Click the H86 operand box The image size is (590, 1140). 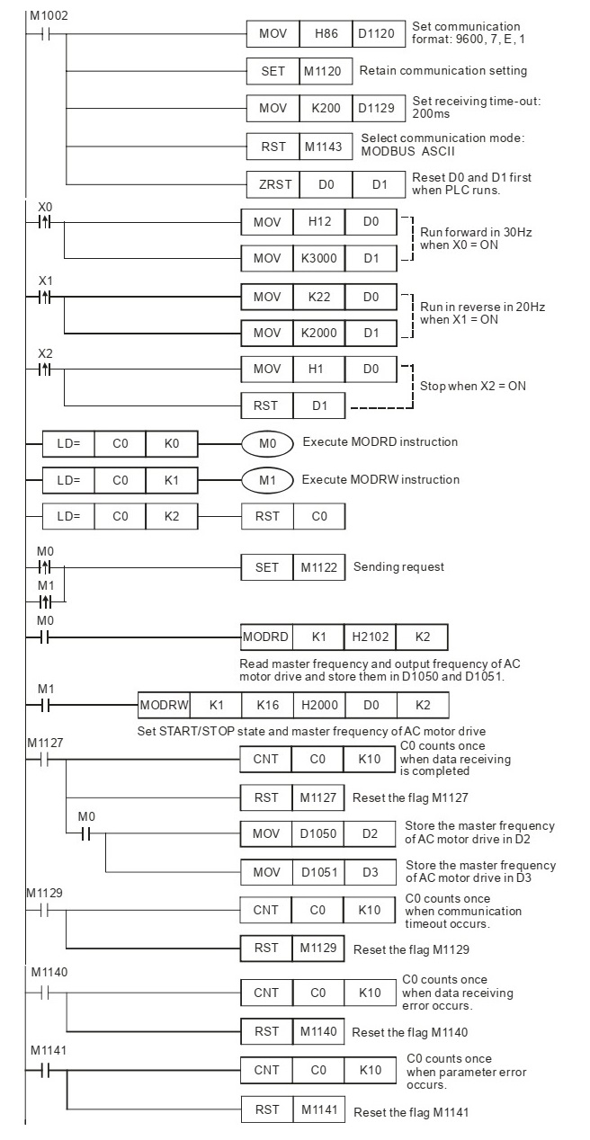click(326, 33)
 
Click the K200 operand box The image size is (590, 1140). click(326, 108)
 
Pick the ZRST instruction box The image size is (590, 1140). click(273, 184)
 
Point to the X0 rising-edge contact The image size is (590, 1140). click(45, 222)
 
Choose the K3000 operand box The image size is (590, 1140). click(319, 258)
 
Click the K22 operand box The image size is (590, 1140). click(319, 297)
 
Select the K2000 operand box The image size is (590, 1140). click(319, 333)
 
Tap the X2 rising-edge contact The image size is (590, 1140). click(45, 369)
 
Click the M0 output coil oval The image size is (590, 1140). click(267, 444)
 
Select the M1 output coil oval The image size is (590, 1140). click(267, 480)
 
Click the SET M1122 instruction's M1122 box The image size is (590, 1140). click(319, 567)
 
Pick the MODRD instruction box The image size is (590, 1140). click(266, 637)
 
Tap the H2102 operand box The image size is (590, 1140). click(370, 637)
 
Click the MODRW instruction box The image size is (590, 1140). click(164, 705)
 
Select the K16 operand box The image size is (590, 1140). click(268, 705)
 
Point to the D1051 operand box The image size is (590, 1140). click(318, 872)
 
